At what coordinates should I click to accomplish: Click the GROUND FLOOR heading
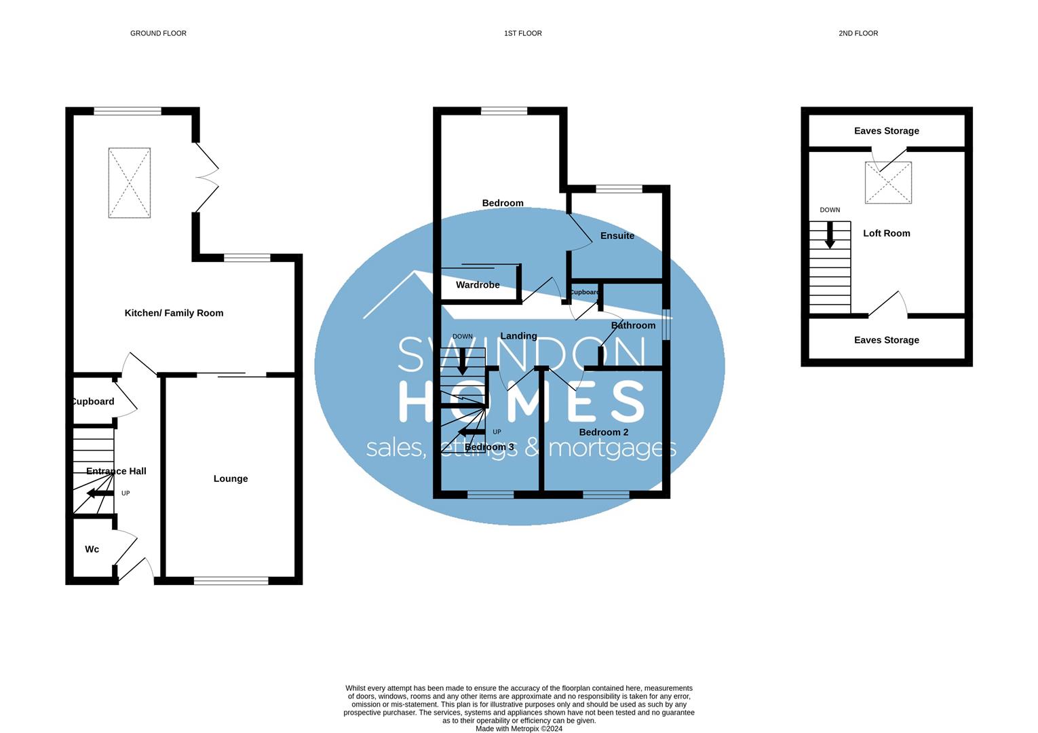click(158, 33)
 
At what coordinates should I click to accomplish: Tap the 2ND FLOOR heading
click(858, 33)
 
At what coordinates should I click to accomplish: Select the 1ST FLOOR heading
click(522, 33)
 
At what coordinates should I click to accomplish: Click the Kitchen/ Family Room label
click(174, 313)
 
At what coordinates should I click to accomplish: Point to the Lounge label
click(231, 478)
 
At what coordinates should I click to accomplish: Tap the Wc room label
click(92, 549)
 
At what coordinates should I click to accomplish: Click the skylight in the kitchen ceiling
click(130, 183)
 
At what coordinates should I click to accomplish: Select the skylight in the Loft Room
click(888, 183)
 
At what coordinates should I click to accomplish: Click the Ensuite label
click(617, 236)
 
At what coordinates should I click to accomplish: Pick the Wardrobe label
click(478, 284)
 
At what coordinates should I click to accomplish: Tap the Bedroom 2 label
click(604, 432)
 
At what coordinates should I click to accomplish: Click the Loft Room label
click(886, 233)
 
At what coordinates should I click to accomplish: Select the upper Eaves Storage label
click(886, 131)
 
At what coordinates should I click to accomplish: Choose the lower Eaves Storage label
click(886, 340)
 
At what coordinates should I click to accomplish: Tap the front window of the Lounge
click(231, 580)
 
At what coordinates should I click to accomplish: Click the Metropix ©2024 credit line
click(519, 729)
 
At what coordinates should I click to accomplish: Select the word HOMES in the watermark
click(520, 401)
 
